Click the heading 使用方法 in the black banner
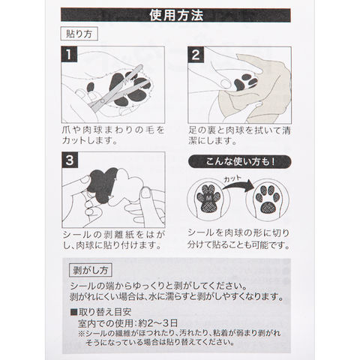point(176,15)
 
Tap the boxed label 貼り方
point(79,34)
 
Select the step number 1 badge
point(69,54)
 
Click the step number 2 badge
point(196,55)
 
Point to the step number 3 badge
point(70,160)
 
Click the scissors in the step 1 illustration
point(118,88)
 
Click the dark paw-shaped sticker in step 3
point(102,185)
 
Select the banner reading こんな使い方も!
point(240,162)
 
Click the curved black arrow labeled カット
point(238,184)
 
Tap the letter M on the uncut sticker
point(208,198)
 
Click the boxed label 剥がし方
point(90,270)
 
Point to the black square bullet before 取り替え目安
point(74,312)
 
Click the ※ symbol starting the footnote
point(82,334)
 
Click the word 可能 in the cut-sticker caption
point(253,244)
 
